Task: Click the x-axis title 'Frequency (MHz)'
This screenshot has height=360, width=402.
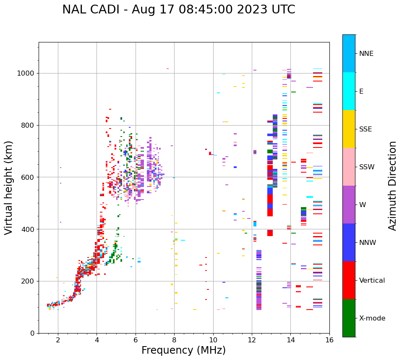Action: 183,350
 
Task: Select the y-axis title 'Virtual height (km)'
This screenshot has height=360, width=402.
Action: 9,188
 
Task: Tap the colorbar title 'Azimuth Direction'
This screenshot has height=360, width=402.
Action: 392,186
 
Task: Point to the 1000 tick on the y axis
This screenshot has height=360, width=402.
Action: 28,73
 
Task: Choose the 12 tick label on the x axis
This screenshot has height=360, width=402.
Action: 252,340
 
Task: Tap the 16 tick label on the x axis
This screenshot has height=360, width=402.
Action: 329,340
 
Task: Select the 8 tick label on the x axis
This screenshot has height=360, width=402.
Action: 174,340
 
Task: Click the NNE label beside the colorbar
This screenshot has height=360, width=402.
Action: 366,54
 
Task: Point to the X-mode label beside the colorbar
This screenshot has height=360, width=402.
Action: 372,318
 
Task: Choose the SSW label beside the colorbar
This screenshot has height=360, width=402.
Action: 367,167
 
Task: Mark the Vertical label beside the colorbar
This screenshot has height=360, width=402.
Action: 372,281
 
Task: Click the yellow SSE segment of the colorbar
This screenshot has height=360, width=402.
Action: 349,129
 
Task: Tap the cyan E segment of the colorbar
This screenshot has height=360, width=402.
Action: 349,91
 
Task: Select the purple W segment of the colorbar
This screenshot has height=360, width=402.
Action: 349,205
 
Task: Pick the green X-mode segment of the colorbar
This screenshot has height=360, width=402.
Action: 349,318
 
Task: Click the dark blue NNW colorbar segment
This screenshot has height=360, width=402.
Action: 349,242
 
